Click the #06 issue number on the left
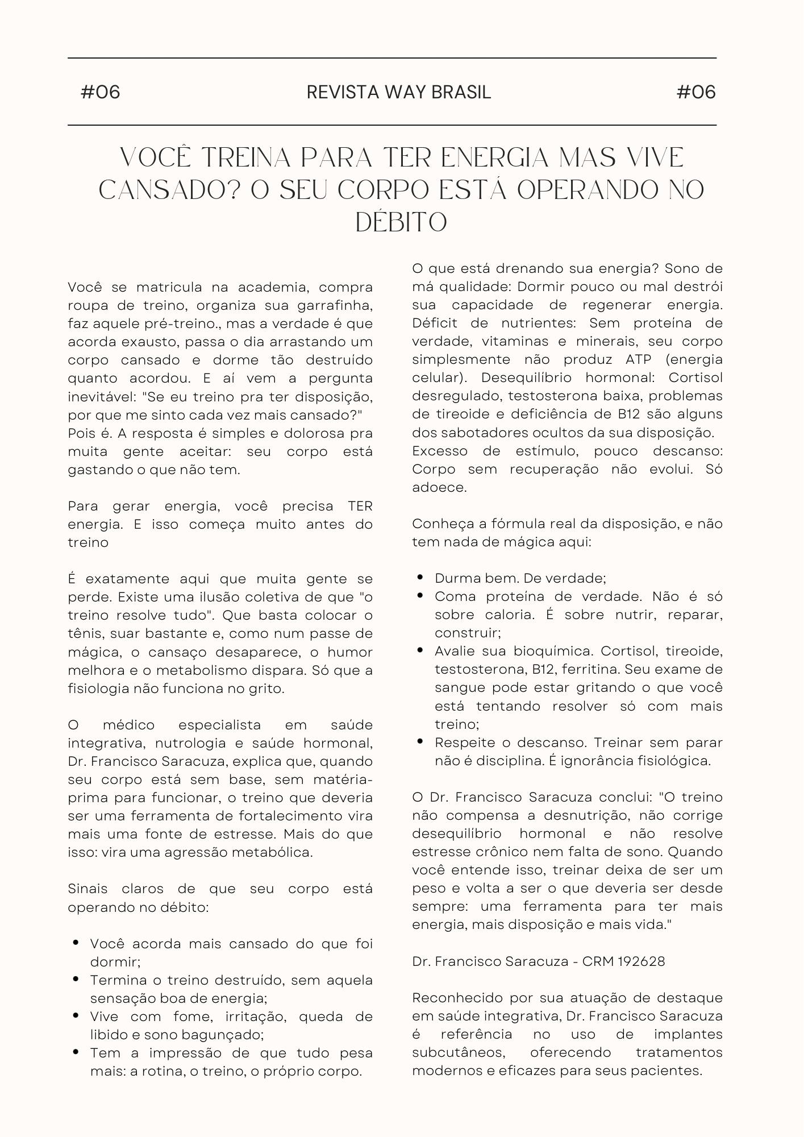pos(101,92)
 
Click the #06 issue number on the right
pos(696,92)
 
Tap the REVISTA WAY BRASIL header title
pos(398,92)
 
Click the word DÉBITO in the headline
pos(401,222)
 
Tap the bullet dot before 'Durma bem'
pos(420,578)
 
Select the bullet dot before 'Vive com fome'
pos(76,1016)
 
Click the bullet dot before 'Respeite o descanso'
pos(420,742)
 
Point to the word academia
pos(270,287)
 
